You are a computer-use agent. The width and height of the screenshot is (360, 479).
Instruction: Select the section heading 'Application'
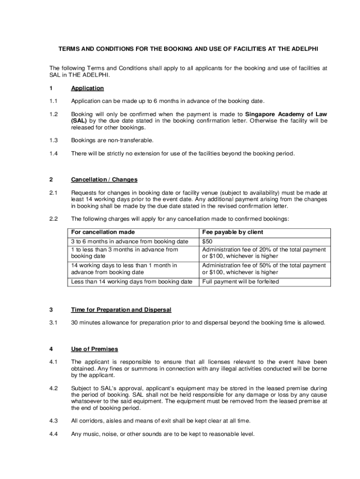click(x=87, y=88)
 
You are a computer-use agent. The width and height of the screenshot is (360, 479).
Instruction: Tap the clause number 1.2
click(x=53, y=114)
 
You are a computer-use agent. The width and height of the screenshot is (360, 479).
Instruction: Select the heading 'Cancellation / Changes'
click(x=104, y=180)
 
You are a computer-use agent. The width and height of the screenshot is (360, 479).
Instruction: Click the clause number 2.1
click(x=53, y=193)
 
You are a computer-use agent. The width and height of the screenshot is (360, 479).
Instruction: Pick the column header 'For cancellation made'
click(x=103, y=232)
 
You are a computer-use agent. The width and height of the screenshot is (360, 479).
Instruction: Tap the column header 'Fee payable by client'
click(x=232, y=232)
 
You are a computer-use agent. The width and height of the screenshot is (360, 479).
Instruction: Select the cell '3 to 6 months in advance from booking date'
click(x=130, y=241)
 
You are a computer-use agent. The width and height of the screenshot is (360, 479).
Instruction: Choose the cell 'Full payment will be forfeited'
click(x=240, y=282)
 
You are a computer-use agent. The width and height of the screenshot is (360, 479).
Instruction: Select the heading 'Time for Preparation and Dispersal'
click(x=121, y=310)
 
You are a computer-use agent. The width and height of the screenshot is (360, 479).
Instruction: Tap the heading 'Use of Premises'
click(x=94, y=349)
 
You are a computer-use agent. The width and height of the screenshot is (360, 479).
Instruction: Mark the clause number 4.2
click(x=53, y=388)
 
